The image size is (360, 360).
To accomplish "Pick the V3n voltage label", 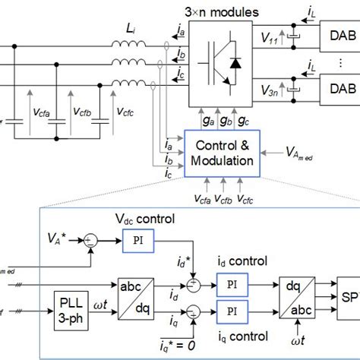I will pos(268,93).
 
